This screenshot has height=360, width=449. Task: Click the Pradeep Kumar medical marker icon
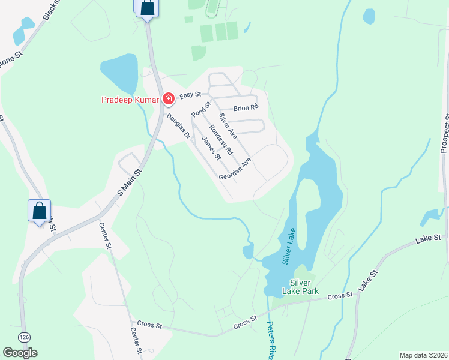[x=169, y=98]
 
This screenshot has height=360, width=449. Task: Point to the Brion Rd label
[x=246, y=107]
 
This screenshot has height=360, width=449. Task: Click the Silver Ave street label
[x=228, y=126]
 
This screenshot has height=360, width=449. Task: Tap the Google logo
[x=20, y=353]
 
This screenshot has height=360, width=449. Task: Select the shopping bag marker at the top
[x=148, y=8]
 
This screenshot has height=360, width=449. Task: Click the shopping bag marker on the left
[x=40, y=211]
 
